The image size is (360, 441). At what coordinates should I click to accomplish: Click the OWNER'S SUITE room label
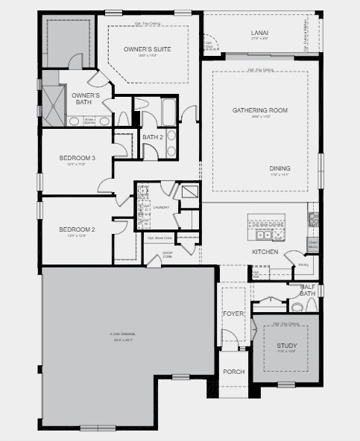[147, 49]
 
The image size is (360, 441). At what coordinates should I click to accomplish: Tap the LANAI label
[259, 33]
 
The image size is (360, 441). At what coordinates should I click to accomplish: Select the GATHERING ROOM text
[259, 110]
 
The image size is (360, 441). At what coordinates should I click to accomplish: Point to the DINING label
[280, 168]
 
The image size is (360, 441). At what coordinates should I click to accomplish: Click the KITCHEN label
[265, 252]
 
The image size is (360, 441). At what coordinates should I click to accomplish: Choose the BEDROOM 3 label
[78, 158]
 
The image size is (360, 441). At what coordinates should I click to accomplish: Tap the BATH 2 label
[153, 137]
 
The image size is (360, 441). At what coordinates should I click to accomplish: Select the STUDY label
[286, 346]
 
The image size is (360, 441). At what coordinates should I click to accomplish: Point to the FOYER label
[233, 314]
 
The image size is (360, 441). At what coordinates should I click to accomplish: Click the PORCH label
[233, 372]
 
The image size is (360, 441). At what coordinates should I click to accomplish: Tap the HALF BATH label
[307, 290]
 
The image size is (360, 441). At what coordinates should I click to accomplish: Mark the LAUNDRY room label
[160, 207]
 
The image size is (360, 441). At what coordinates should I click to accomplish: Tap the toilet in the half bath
[297, 306]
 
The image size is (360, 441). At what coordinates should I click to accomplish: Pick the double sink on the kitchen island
[265, 235]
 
